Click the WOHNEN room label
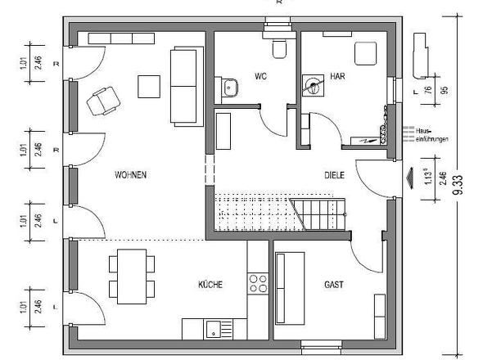pos(131,174)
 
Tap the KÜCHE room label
pos(210,285)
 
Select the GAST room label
pos(333,285)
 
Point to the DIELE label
pos(334,174)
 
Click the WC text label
pos(261,76)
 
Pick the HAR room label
pos(337,76)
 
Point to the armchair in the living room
pos(102,100)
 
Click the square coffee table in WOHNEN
pos(149,85)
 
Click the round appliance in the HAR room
pos(311,83)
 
